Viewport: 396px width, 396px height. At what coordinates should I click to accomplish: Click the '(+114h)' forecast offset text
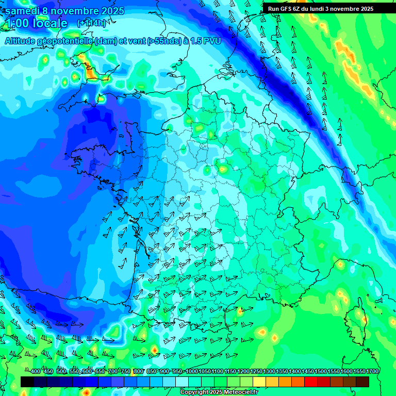coord(92,23)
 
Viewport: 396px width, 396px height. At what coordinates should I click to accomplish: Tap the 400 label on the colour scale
coord(36,372)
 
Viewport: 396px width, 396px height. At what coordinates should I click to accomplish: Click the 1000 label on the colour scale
coord(192,372)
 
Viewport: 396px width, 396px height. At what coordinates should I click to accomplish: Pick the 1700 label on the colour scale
coord(358,372)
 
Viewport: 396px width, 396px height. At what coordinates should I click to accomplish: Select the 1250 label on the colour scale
coord(256,372)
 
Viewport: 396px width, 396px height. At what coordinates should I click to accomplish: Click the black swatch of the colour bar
coord(27,382)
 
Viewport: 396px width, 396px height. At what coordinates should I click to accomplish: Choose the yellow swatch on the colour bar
coord(260,382)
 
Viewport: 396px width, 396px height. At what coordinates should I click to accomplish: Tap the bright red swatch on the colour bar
coord(311,382)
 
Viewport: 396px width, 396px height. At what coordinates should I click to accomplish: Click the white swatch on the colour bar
coord(182,382)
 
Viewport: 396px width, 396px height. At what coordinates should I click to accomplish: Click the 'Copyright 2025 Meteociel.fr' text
coord(219,392)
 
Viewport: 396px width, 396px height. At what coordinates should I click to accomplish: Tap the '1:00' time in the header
coord(16,23)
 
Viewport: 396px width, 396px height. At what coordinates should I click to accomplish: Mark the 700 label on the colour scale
coord(113,372)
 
